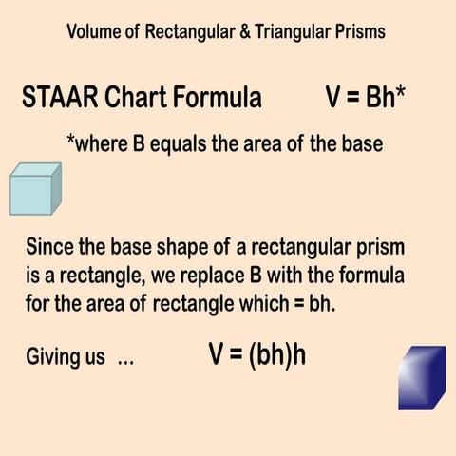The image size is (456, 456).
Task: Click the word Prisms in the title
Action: pos(357,32)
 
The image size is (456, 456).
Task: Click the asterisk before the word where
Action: pos(69,142)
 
